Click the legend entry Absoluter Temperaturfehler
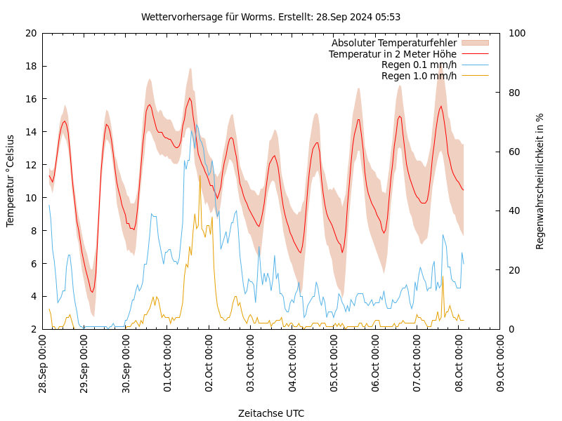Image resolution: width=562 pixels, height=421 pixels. [x=393, y=43]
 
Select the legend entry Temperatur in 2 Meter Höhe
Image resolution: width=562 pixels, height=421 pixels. [x=392, y=54]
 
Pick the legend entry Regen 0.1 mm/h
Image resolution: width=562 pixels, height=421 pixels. [x=419, y=65]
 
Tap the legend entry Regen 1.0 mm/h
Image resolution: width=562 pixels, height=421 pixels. [x=419, y=76]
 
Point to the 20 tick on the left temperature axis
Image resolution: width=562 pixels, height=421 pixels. [x=30, y=33]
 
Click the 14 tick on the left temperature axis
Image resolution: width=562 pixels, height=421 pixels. [x=30, y=132]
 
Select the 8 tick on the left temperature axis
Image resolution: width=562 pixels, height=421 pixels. [x=33, y=230]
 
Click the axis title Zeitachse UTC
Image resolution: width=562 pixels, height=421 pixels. [x=271, y=413]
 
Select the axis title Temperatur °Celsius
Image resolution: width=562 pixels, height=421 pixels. [x=11, y=181]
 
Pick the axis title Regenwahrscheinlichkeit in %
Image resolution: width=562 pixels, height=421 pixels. [x=540, y=181]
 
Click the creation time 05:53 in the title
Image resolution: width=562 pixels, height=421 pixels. [x=388, y=17]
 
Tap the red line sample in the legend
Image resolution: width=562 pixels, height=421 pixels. [x=475, y=54]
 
